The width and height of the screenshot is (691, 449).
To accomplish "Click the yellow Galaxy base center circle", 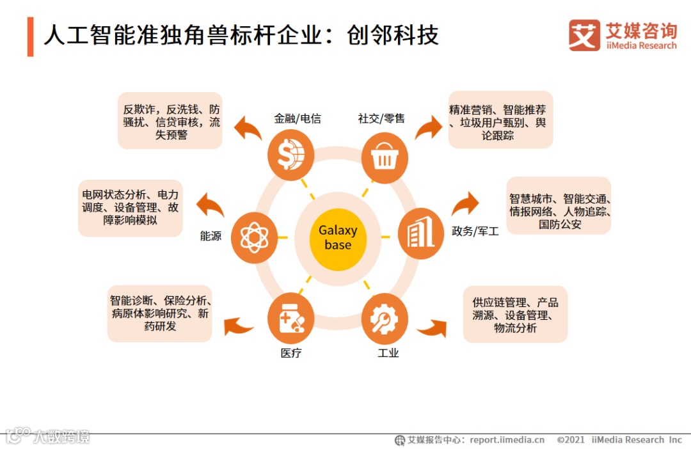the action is tap(338, 237).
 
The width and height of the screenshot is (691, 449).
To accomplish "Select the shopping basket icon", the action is tap(385, 158).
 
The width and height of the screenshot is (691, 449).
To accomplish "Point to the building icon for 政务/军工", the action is tap(420, 233).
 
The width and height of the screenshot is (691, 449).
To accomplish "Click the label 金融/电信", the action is tap(298, 118).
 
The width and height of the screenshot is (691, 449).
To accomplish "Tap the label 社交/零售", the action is tap(381, 118).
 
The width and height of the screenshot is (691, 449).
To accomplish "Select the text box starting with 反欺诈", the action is tap(171, 122).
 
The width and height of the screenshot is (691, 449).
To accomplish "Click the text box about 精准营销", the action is tap(500, 122).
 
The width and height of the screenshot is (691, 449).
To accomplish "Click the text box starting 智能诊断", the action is tap(160, 313).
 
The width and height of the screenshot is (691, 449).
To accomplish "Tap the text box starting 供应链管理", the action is tap(515, 315).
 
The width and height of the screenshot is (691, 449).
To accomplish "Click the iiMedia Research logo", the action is tap(623, 35).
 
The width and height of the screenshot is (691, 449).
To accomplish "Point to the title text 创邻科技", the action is tap(393, 35).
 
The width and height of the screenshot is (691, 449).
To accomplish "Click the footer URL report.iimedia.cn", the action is tap(507, 440).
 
